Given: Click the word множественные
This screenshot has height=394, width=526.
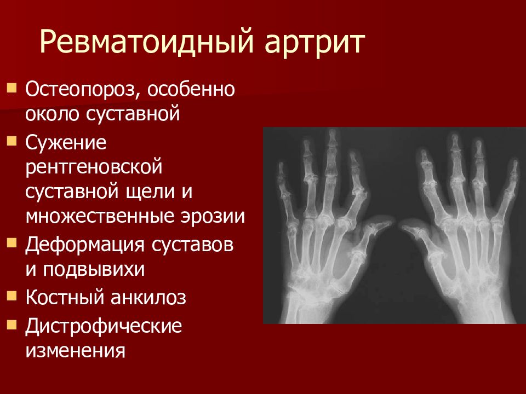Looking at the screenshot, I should pyautogui.click(x=88, y=216).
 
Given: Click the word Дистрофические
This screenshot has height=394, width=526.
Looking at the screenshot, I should pyautogui.click(x=103, y=327).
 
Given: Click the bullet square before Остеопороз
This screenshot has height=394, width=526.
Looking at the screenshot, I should pyautogui.click(x=12, y=88).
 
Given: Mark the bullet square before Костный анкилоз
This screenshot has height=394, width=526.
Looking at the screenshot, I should pyautogui.click(x=12, y=297).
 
